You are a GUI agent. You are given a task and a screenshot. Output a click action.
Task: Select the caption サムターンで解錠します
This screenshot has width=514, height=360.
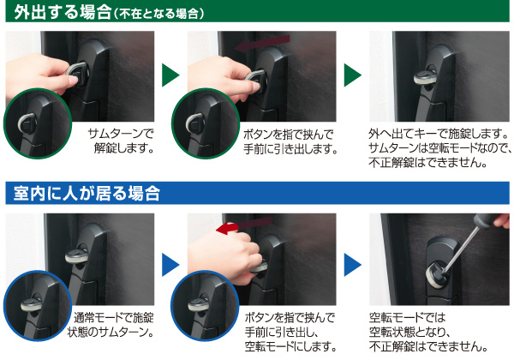point(120,141)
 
